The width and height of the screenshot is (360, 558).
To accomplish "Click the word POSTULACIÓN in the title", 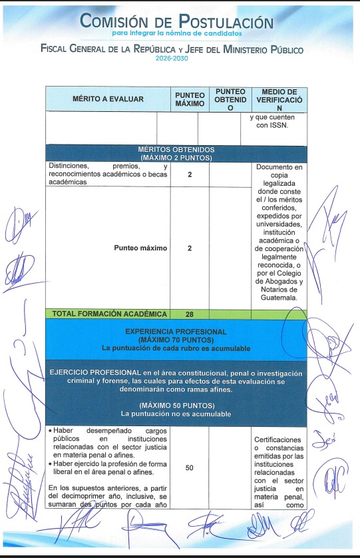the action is pos(224,21).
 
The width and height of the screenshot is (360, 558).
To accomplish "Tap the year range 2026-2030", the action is pos(172,59).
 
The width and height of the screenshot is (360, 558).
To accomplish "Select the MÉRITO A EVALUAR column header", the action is pos(108,99).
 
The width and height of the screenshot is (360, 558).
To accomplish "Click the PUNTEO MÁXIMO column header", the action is pos(190,99).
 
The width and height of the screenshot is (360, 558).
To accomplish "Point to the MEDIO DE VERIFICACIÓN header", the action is pos(279,99).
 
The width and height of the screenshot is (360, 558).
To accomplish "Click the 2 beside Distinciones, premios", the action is pos(190,174).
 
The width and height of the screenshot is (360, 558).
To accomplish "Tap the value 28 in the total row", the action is pos(190,314).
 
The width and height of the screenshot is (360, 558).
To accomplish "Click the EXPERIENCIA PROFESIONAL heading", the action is pos(176,331).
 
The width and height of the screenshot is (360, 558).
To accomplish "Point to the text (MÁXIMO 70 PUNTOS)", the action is pos(176,339).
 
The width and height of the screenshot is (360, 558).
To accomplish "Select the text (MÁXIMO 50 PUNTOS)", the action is pos(176,406).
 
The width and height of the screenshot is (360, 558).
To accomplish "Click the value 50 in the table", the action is pos(190,468).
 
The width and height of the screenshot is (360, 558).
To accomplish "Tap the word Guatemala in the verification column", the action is pos(279,298).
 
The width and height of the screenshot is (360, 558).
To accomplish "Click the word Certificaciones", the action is pos(279,439).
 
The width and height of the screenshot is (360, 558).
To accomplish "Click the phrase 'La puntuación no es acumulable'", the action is pos(176,414).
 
